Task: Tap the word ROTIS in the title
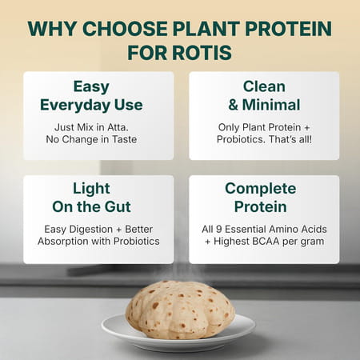[x=206, y=52]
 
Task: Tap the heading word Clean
[x=263, y=86]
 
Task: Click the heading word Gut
[x=125, y=207]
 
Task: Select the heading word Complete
[x=263, y=189]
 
